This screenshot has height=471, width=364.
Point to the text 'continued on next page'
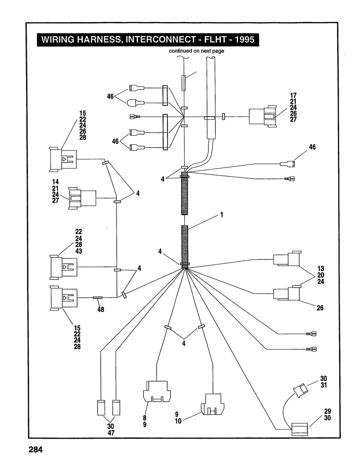(x=196, y=51)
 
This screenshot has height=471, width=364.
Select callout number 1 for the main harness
(x=222, y=215)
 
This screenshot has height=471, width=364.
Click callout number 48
(x=101, y=309)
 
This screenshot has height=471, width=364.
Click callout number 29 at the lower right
(x=328, y=411)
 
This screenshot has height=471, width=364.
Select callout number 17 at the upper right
(x=293, y=95)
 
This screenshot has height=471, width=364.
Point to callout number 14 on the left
(x=55, y=182)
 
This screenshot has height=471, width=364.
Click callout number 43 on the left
(x=78, y=251)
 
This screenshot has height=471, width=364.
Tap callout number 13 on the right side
(x=321, y=269)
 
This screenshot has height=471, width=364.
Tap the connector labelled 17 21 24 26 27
(x=263, y=117)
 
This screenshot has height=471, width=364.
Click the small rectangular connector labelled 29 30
(x=299, y=429)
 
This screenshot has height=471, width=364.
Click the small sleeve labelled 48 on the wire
(x=98, y=298)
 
